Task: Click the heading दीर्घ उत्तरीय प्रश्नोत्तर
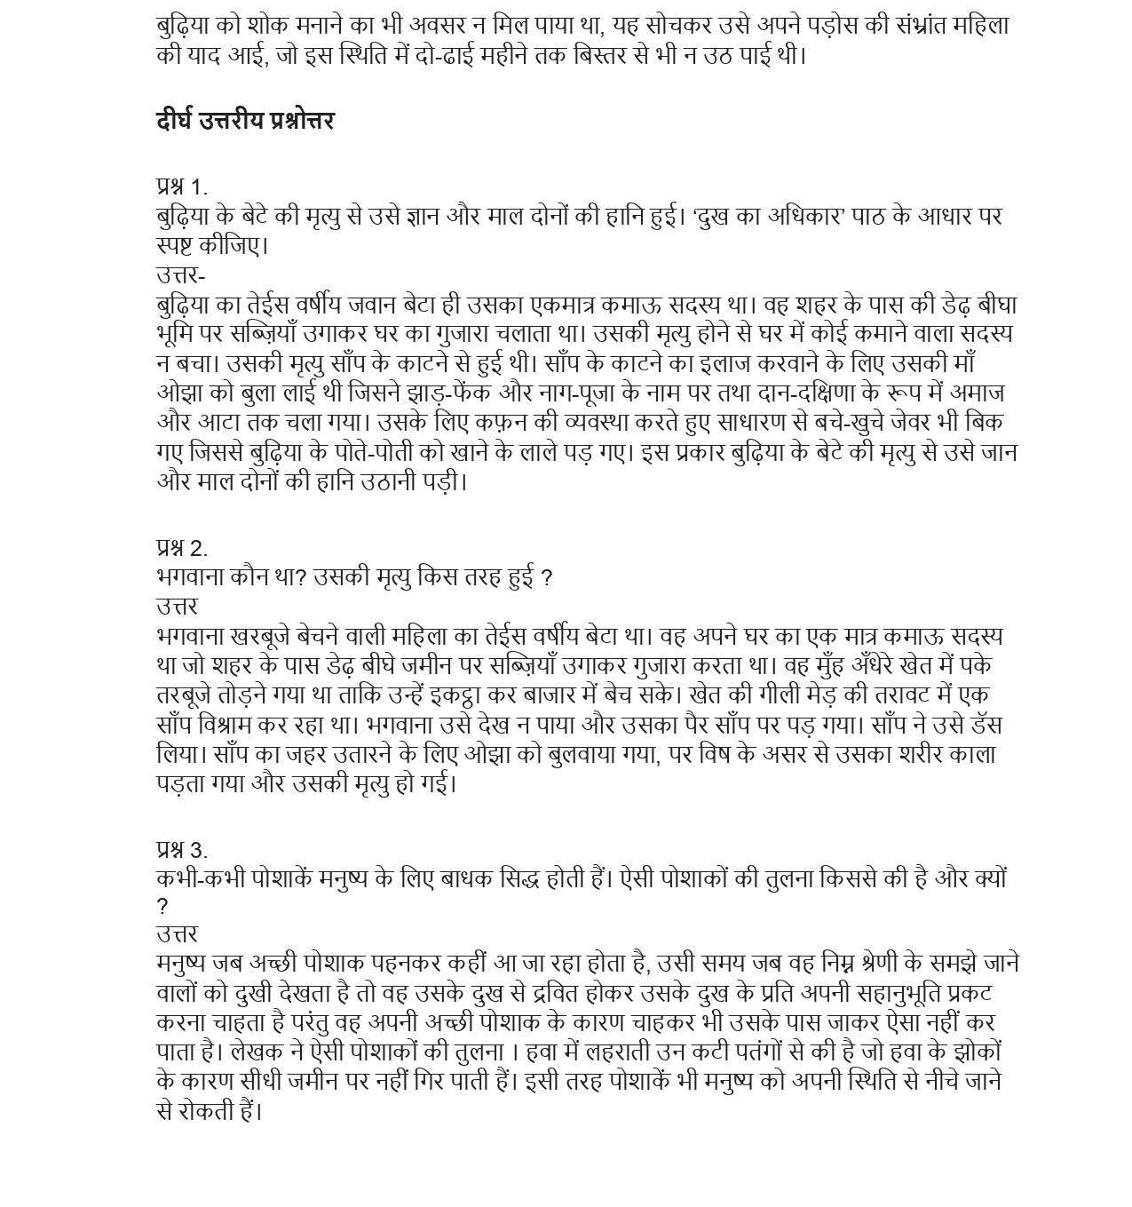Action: coord(245,121)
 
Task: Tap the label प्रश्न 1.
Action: coord(181,187)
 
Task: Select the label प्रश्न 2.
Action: coord(181,547)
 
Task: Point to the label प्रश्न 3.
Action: coord(181,850)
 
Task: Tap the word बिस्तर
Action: coord(627,55)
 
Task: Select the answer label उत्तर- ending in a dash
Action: coord(180,274)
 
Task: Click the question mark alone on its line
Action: coord(162,907)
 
